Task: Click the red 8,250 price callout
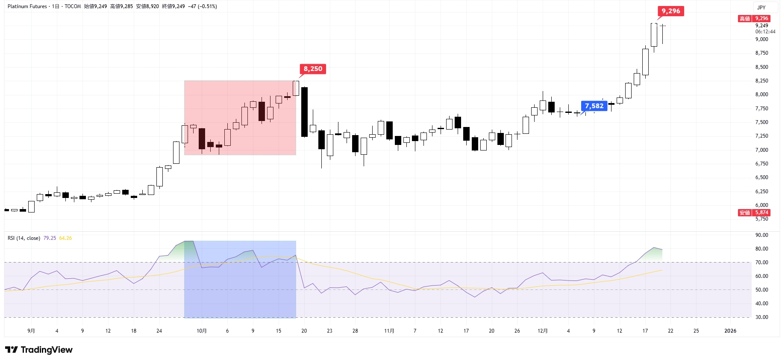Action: pyautogui.click(x=313, y=69)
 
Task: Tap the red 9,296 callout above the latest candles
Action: pyautogui.click(x=670, y=11)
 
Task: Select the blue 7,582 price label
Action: pyautogui.click(x=594, y=106)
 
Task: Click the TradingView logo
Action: pyautogui.click(x=39, y=350)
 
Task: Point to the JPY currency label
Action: pyautogui.click(x=761, y=7)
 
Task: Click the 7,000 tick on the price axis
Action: pyautogui.click(x=761, y=150)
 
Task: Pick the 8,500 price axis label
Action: pyautogui.click(x=761, y=67)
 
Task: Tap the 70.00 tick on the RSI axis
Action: pyautogui.click(x=761, y=263)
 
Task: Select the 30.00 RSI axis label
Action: pyautogui.click(x=761, y=317)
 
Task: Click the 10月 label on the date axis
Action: pyautogui.click(x=202, y=331)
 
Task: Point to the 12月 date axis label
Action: pyautogui.click(x=542, y=331)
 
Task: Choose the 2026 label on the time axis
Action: pyautogui.click(x=730, y=331)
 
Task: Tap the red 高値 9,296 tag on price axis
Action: pyautogui.click(x=754, y=18)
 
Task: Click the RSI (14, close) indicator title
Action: pyautogui.click(x=24, y=238)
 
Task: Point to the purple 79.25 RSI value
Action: pyautogui.click(x=50, y=238)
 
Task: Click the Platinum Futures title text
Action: pyautogui.click(x=27, y=6)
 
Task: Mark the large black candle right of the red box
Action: pyautogui.click(x=304, y=112)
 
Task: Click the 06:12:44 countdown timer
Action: pyautogui.click(x=765, y=32)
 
